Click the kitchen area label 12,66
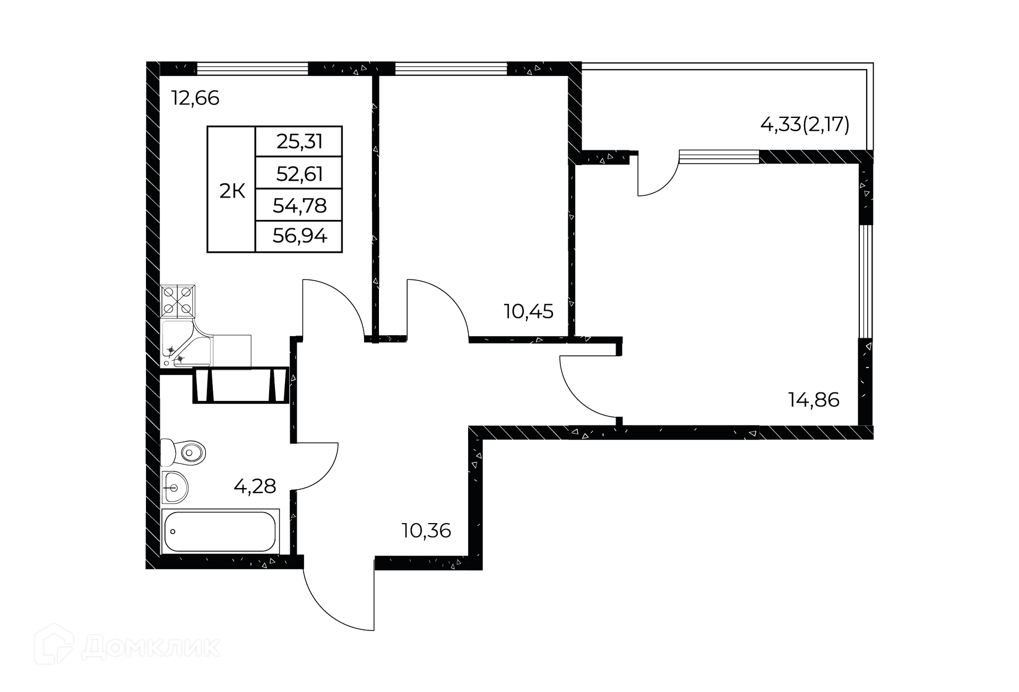(195, 98)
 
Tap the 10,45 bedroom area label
(528, 311)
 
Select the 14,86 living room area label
(814, 399)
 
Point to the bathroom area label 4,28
(255, 486)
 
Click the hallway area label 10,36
(426, 531)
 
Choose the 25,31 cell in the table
(299, 142)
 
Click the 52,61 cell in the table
(299, 174)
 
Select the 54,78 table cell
(299, 206)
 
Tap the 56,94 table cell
(299, 236)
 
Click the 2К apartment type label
(232, 191)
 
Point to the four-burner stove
(178, 301)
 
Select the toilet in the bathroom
(184, 452)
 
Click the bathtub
(220, 531)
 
